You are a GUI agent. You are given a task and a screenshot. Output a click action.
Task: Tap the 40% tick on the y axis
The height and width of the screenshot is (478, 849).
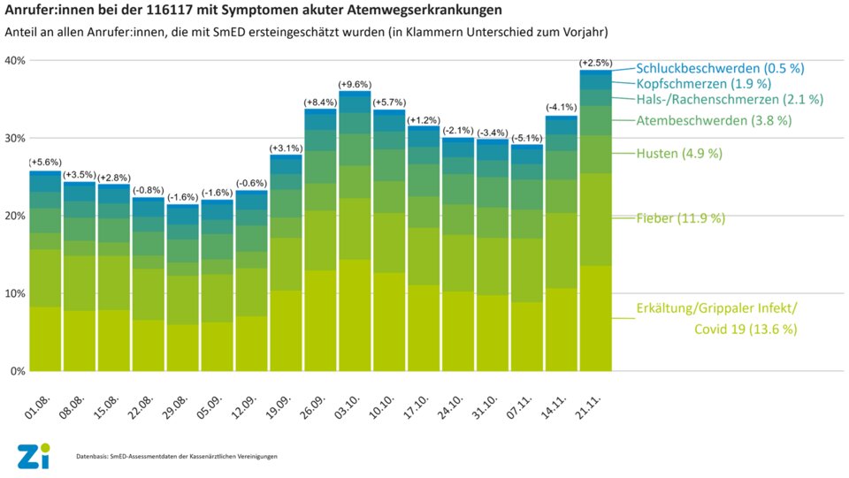pos(15,60)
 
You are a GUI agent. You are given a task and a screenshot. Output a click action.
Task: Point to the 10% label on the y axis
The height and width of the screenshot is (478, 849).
pos(15,293)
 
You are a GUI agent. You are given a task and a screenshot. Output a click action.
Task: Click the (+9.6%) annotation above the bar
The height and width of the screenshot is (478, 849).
pos(355,83)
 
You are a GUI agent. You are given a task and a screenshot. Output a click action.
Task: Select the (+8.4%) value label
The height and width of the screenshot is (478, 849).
pos(320,102)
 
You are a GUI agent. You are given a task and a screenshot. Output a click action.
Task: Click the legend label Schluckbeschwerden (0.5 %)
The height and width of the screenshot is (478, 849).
pos(721,68)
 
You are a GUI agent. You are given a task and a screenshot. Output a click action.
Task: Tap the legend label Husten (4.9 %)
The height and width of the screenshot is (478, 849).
pos(679,153)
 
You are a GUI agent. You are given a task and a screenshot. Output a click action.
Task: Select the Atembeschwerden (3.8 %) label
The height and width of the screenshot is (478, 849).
pos(714,119)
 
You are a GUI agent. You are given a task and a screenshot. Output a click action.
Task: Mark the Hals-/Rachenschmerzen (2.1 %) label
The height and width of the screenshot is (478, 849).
pos(730,99)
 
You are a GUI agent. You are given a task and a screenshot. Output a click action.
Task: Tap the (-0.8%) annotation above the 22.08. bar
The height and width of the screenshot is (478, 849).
pos(148,190)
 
